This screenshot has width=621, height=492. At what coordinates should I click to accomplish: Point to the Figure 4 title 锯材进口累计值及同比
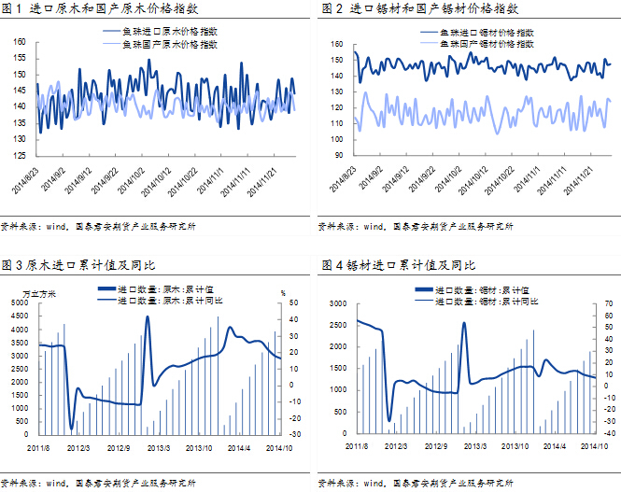(400, 266)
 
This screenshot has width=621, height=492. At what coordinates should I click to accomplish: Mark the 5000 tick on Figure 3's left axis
(21, 303)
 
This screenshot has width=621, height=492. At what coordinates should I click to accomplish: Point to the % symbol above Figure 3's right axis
(282, 293)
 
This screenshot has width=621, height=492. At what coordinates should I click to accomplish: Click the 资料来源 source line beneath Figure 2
(416, 225)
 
